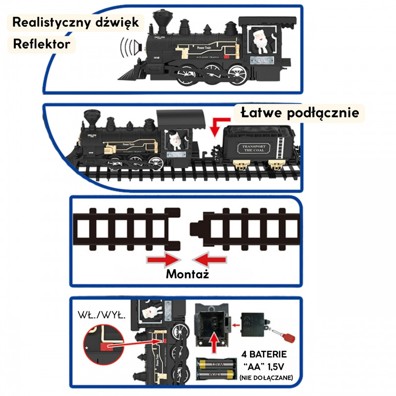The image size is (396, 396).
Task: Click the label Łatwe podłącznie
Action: click(300, 113)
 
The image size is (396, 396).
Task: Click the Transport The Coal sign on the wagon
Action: click(255, 149)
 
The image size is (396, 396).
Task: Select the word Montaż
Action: click(187, 274)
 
